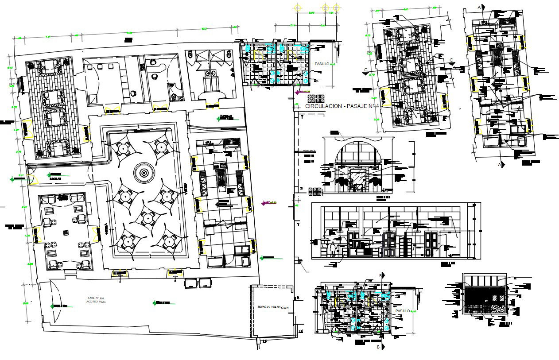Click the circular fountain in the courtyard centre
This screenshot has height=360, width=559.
click(144, 172)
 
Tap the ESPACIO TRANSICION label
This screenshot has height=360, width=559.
click(273, 307)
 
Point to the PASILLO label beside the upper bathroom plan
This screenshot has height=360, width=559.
click(322, 64)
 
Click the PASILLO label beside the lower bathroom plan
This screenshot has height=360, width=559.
click(403, 311)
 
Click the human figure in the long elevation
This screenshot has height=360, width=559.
click(333, 250)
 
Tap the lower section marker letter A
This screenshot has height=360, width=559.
click(500, 165)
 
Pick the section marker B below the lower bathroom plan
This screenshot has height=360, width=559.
click(378, 348)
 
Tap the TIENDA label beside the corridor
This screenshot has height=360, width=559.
click(309, 152)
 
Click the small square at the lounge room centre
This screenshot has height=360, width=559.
click(66, 232)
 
